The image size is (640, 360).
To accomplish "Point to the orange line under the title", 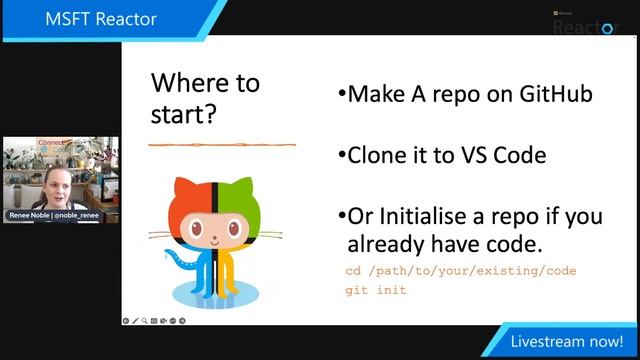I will point(222,146).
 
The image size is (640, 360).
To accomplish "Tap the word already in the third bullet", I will point(386,244).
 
